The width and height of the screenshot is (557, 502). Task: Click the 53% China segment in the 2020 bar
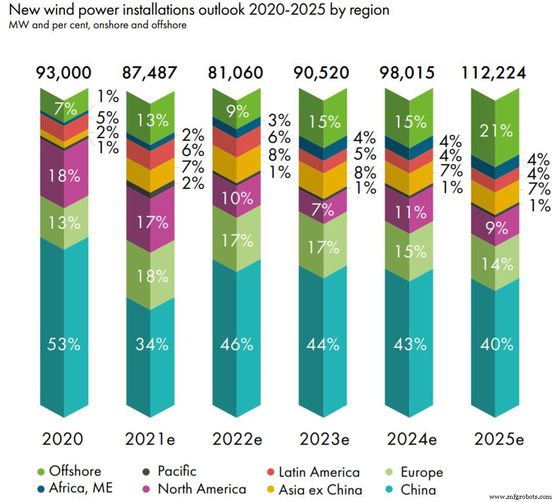click(64, 345)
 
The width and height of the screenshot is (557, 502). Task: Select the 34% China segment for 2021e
click(151, 345)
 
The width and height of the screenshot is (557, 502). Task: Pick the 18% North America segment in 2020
click(64, 175)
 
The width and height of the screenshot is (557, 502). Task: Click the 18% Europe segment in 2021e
click(151, 276)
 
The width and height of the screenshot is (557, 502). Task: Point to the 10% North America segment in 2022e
click(236, 198)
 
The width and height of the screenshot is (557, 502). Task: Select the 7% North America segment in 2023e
click(323, 210)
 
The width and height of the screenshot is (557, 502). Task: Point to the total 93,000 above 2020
click(64, 73)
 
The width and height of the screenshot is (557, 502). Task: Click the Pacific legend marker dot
click(146, 472)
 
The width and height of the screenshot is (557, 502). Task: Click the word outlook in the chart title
click(236, 10)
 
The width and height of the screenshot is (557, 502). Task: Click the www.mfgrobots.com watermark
click(521, 496)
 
